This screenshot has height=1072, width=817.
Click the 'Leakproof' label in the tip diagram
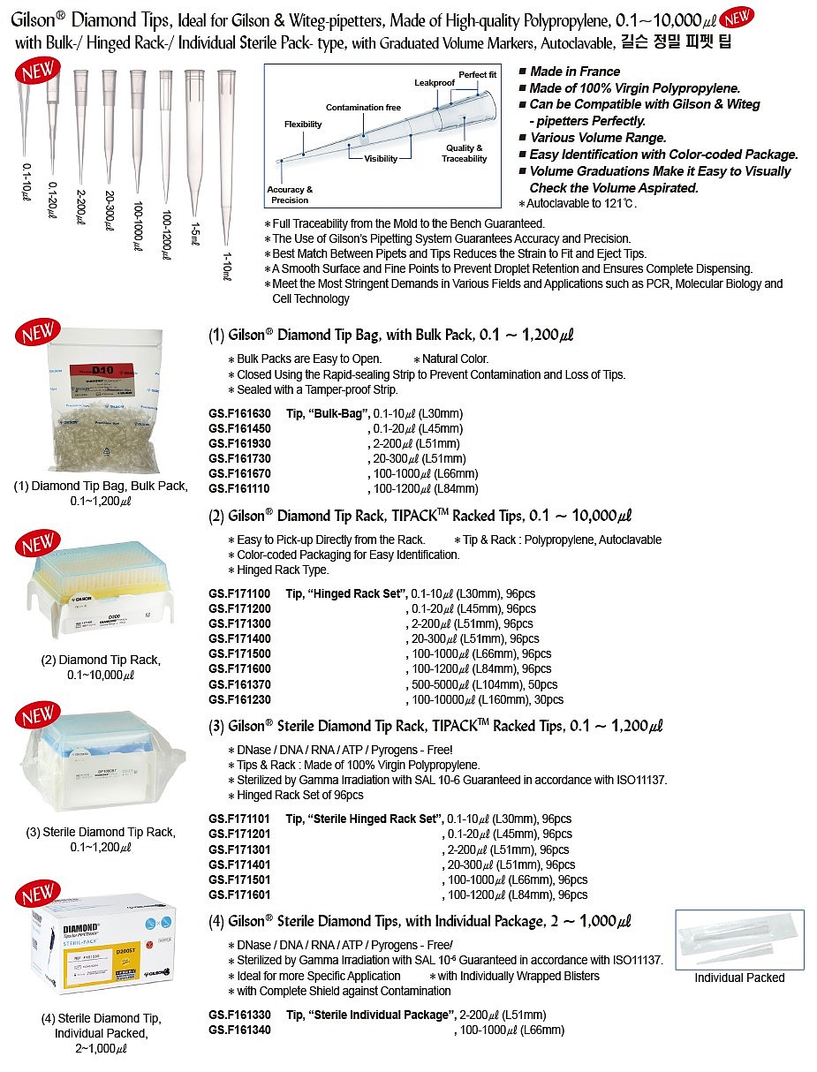click(434, 82)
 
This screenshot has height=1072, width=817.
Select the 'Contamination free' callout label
click(363, 108)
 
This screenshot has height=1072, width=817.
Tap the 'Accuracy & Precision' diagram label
click(290, 194)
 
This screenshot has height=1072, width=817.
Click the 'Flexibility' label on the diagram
click(303, 125)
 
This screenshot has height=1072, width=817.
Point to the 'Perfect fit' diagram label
click(477, 75)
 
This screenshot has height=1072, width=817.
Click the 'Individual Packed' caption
click(739, 978)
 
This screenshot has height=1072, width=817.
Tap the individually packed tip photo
click(739, 937)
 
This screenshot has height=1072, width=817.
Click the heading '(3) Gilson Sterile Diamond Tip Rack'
click(435, 727)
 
